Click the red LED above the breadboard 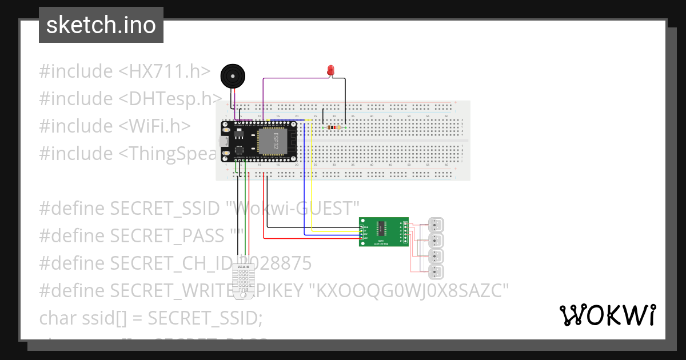[x=331, y=70]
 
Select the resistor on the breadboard [x=333, y=127]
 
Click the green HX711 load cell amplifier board [x=384, y=232]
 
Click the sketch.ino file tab [x=101, y=25]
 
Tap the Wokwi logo [x=607, y=315]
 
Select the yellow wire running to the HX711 [x=311, y=183]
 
